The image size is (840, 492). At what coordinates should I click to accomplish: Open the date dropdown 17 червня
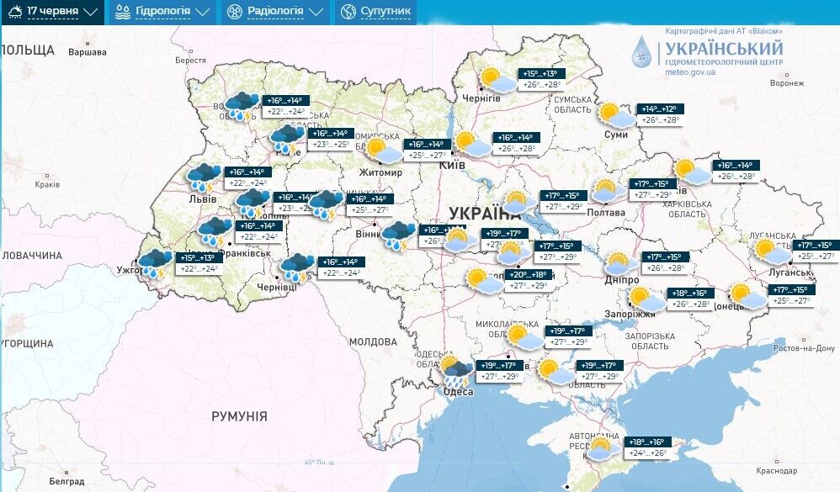point(52,12)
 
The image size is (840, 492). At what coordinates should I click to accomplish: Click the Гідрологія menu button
point(162,12)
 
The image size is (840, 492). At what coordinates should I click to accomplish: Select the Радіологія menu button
point(274,12)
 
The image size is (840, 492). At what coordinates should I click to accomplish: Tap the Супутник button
point(376,12)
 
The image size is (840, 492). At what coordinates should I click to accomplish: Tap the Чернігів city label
point(482,98)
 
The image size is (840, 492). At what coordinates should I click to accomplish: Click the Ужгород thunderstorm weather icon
point(156,262)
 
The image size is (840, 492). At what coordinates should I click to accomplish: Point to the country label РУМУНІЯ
point(239,416)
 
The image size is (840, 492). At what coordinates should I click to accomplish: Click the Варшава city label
point(88,52)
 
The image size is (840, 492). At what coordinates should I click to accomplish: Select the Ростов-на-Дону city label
point(804,348)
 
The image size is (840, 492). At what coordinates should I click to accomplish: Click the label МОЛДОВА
point(372,341)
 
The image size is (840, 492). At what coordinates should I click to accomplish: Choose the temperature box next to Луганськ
point(816,250)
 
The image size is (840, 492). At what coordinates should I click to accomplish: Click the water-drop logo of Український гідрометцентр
point(641,51)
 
